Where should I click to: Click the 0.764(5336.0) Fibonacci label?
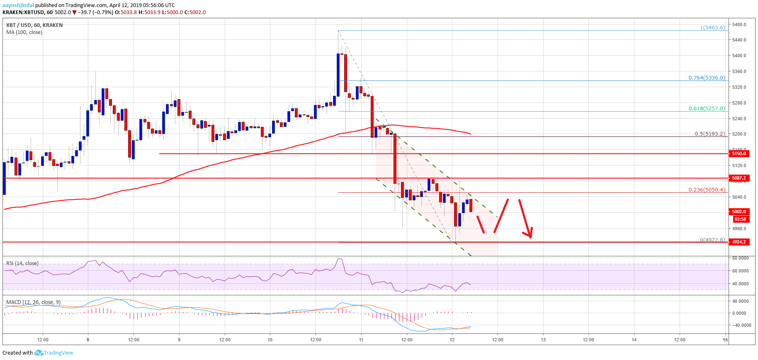coord(707,78)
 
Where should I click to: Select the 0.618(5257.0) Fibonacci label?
coord(707,109)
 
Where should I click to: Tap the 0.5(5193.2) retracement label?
coord(709,134)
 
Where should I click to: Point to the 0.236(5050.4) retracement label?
coord(707,190)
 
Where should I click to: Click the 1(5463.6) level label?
coord(712,28)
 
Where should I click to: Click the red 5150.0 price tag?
coord(739,153)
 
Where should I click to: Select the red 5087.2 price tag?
coord(739,178)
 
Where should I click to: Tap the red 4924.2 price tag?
coord(739,242)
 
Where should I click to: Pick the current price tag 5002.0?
coord(739,212)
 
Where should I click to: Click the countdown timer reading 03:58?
coord(740,219)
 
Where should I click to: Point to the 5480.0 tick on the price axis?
coord(739,24)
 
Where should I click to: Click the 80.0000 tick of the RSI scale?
coord(740,258)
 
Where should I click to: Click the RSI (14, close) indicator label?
coord(22,263)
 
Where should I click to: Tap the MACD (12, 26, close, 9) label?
coord(33,302)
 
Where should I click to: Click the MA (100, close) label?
coord(24,32)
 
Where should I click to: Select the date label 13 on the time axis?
coord(543,340)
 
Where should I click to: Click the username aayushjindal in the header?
coord(18,5)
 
